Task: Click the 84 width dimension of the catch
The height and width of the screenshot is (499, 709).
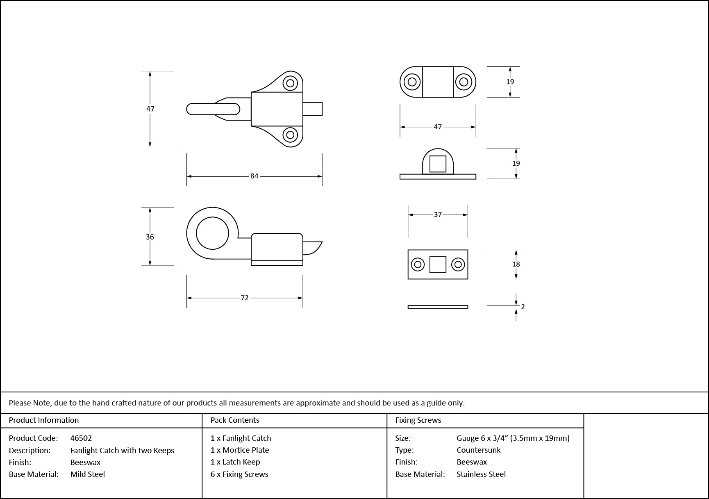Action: [255, 176]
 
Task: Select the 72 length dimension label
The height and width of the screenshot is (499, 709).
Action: [245, 298]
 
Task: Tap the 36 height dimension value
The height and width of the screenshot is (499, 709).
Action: [150, 237]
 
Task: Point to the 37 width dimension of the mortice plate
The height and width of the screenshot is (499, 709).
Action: [438, 215]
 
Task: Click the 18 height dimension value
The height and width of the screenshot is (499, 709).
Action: [516, 264]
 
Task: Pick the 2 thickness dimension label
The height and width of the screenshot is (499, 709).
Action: [523, 307]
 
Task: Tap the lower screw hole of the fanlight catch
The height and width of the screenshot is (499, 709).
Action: [290, 134]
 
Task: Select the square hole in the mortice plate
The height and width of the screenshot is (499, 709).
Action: [438, 264]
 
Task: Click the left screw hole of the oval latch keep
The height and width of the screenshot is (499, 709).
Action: [412, 82]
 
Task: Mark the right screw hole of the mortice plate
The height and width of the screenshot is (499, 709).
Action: [458, 264]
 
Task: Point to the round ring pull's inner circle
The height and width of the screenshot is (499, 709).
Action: [212, 233]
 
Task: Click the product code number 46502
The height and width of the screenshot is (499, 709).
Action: [81, 438]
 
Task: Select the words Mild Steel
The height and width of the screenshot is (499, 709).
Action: [88, 474]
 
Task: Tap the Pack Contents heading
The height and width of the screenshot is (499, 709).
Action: [235, 420]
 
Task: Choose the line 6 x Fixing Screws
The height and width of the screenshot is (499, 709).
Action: [239, 474]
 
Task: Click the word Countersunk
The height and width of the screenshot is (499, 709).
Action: [479, 450]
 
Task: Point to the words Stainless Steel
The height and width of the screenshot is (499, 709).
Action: [481, 474]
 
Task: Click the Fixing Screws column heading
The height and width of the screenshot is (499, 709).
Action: [418, 420]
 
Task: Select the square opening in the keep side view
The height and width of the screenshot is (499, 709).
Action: [438, 164]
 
